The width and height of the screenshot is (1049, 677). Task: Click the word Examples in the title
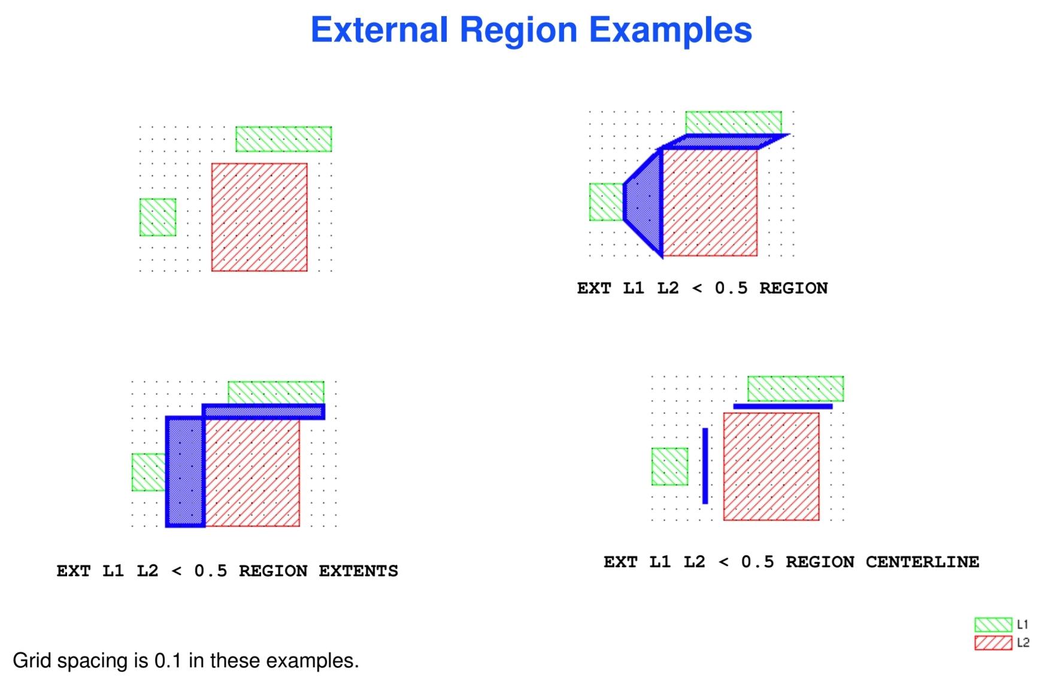point(670,30)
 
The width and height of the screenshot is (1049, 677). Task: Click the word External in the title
point(379,30)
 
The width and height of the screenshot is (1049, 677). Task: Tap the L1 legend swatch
point(993,625)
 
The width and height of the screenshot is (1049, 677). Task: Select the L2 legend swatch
point(993,643)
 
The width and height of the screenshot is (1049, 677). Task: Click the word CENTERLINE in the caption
point(922,562)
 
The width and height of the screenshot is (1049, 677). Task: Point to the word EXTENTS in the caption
point(358,571)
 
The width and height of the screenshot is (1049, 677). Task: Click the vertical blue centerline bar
point(705,466)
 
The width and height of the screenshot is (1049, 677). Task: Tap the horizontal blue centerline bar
point(783,406)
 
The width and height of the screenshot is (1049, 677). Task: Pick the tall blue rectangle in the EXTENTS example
point(185,472)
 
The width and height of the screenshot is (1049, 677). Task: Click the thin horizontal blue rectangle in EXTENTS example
point(263,411)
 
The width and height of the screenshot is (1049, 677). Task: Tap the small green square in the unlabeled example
point(157,217)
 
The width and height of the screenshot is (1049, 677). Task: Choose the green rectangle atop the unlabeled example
point(283,139)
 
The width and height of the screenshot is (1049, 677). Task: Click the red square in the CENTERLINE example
point(771,466)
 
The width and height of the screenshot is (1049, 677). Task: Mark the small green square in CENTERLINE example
point(669,466)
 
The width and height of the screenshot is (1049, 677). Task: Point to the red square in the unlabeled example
point(259,217)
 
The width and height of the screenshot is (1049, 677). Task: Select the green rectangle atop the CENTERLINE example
point(795,388)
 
